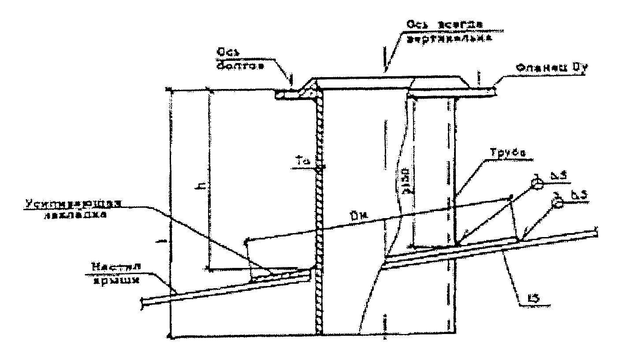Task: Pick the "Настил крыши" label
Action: pyautogui.click(x=110, y=272)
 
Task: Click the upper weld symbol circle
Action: pyautogui.click(x=536, y=183)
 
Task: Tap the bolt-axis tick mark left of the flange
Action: pyautogui.click(x=291, y=80)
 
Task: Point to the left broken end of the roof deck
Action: pyautogui.click(x=142, y=302)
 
